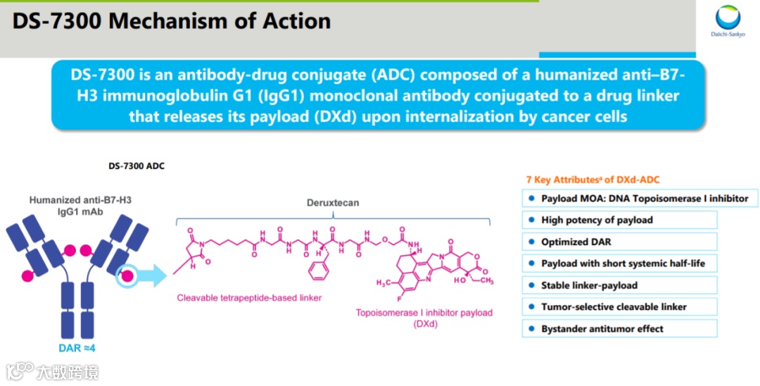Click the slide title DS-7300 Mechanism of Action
click(x=172, y=21)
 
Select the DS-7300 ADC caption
click(x=137, y=167)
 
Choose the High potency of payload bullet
click(x=597, y=220)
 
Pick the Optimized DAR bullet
click(x=576, y=242)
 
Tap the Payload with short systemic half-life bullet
click(x=623, y=263)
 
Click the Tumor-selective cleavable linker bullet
click(x=614, y=307)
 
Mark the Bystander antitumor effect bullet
click(x=602, y=329)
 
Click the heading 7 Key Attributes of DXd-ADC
click(x=593, y=180)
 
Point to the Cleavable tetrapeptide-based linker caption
click(x=249, y=298)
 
